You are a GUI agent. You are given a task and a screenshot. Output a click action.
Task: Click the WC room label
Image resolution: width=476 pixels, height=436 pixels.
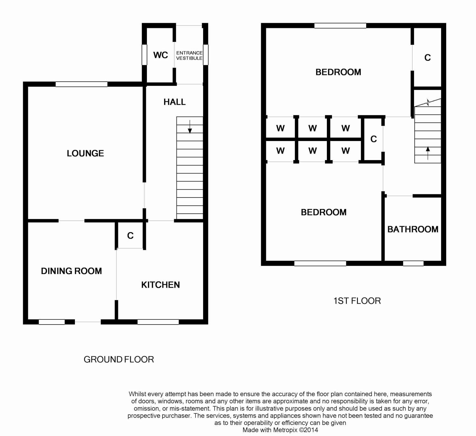pyautogui.click(x=160, y=55)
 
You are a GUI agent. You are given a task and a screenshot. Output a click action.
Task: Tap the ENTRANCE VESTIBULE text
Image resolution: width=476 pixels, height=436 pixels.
pyautogui.click(x=189, y=56)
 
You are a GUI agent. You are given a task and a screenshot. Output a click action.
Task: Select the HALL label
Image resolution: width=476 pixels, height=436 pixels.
pyautogui.click(x=175, y=102)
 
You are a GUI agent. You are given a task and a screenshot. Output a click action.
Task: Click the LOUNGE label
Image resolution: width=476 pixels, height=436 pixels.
pyautogui.click(x=85, y=153)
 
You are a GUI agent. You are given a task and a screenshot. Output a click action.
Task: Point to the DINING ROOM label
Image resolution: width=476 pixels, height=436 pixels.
pyautogui.click(x=71, y=271)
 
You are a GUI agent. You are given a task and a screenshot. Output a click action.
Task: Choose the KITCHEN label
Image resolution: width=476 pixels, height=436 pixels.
pyautogui.click(x=160, y=285)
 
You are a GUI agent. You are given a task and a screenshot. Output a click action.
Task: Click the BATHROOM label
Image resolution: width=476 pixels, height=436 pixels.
pyautogui.click(x=413, y=229)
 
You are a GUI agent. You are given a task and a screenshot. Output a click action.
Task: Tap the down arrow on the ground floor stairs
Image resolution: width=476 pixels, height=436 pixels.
pyautogui.click(x=190, y=127)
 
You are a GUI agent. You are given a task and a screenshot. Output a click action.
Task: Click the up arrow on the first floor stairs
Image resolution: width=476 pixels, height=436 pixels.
pyautogui.click(x=428, y=153)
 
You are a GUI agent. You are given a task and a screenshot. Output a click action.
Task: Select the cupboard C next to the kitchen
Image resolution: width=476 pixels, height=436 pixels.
pyautogui.click(x=130, y=236)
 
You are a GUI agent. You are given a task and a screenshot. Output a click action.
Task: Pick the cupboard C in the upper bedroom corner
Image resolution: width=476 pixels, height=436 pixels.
pyautogui.click(x=427, y=58)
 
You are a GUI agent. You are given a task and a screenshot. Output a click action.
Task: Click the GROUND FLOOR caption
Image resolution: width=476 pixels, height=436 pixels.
pyautogui.click(x=119, y=359)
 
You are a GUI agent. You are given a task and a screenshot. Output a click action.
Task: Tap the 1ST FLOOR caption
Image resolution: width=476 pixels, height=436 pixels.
pyautogui.click(x=357, y=301)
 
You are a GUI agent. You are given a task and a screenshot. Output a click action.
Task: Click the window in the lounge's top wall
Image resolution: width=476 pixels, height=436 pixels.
pyautogui.click(x=81, y=84)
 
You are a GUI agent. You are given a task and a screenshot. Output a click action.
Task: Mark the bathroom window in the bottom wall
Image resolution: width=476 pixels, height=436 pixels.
pyautogui.click(x=413, y=263)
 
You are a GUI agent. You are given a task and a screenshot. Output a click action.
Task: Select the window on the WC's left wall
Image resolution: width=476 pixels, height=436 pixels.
pyautogui.click(x=144, y=55)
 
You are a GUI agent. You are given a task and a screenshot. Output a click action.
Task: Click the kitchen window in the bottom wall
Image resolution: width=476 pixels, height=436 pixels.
pyautogui.click(x=158, y=322)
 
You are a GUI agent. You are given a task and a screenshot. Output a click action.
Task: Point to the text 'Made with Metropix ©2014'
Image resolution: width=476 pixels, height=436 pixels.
pyautogui.click(x=280, y=430)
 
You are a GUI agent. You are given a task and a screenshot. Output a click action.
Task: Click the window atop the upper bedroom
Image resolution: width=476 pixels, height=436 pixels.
pyautogui.click(x=340, y=25)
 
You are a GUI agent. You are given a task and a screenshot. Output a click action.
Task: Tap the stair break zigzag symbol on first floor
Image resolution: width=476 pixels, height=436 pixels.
pyautogui.click(x=428, y=102)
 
